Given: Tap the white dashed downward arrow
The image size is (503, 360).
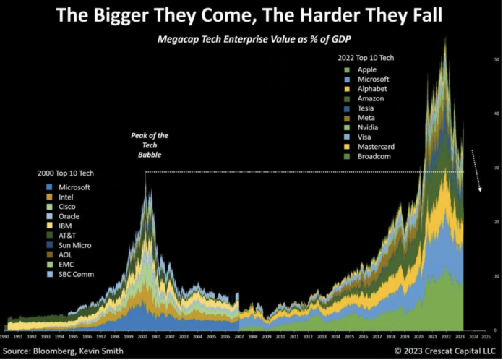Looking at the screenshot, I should point(476,171).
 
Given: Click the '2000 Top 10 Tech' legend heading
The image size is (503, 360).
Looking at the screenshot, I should point(66,173).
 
